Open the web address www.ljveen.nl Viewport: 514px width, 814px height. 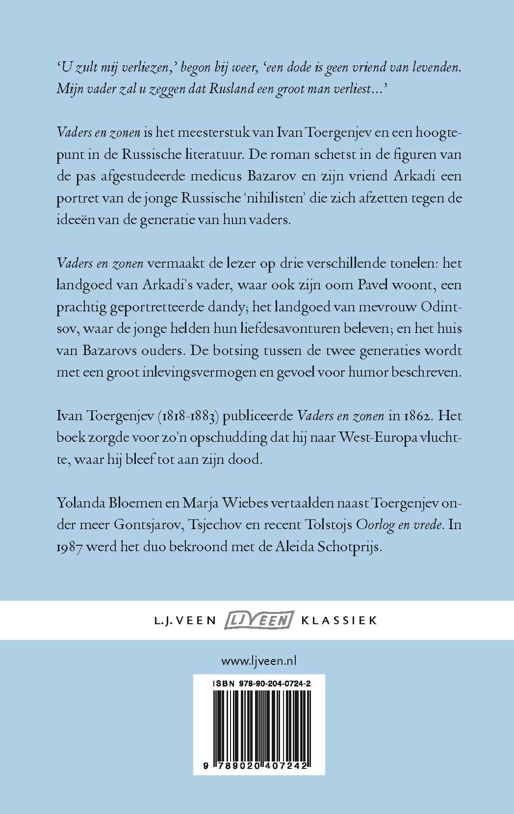(x=259, y=661)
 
